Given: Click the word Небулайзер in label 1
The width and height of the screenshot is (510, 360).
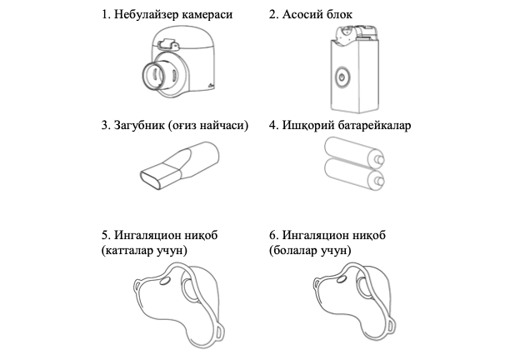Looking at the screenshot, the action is click(145, 15).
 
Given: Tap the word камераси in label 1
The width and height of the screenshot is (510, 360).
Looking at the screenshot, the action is click(207, 15).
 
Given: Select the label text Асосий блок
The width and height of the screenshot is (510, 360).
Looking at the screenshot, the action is click(317, 15).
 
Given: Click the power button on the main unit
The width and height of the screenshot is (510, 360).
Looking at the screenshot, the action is click(342, 77).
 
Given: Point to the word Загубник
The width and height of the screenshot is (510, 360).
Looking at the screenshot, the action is click(139, 125).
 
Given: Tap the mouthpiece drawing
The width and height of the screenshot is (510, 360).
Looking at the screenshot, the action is click(179, 165).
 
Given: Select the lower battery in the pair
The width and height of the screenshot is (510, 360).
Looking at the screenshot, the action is click(354, 173).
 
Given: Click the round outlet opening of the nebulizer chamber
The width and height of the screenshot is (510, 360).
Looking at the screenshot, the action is click(154, 75).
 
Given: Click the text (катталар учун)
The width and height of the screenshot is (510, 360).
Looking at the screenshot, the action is click(144, 251).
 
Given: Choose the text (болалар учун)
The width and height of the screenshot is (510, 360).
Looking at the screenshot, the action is click(310, 251).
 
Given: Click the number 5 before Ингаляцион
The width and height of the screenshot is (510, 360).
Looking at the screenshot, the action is click(104, 235).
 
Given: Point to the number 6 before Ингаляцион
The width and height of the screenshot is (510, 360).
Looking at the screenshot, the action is click(272, 235).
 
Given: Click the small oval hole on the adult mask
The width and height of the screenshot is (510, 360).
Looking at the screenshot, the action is click(165, 282).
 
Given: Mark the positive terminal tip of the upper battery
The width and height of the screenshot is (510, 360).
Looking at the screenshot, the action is click(380, 160).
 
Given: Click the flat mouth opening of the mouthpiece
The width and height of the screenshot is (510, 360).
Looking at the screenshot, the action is click(150, 180).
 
